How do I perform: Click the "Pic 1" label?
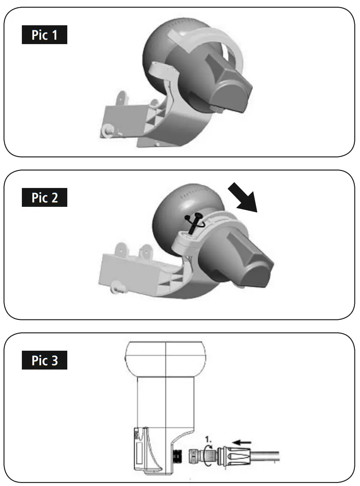[x=45, y=35]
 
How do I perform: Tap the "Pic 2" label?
[x=45, y=198]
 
